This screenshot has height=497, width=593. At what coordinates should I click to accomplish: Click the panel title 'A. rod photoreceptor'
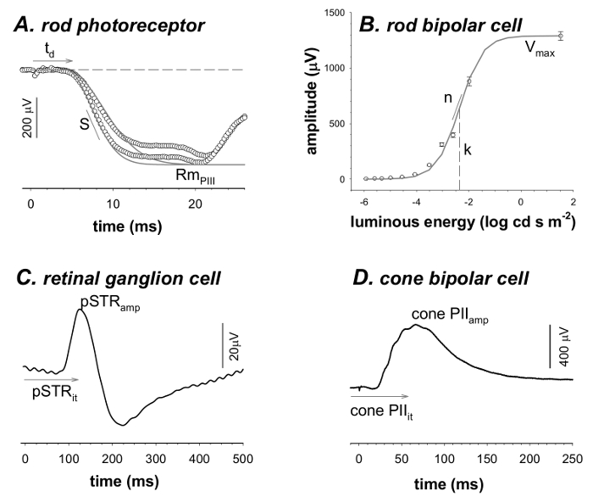(x=108, y=25)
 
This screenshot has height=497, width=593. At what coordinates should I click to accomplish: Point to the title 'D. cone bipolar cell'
(x=432, y=277)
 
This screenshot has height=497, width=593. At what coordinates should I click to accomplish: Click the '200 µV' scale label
(x=26, y=120)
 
